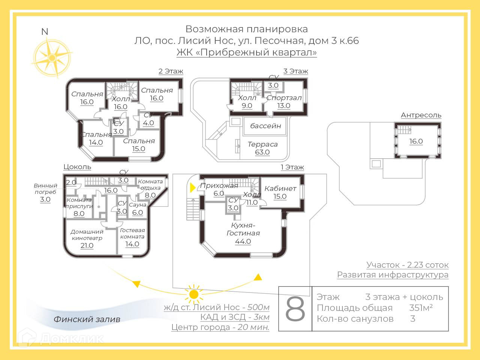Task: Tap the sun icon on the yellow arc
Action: click(x=194, y=294)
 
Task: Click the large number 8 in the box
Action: click(x=295, y=309)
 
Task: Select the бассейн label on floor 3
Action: click(x=265, y=126)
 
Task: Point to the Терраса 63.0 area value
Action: click(x=262, y=152)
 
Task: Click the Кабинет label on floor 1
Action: click(x=280, y=188)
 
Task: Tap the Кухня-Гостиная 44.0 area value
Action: click(x=243, y=241)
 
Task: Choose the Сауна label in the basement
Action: click(x=138, y=205)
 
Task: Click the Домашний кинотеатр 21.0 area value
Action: click(x=87, y=246)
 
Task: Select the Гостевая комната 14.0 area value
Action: click(x=132, y=244)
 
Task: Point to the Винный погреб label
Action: click(x=45, y=189)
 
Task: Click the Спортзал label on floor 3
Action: click(x=284, y=98)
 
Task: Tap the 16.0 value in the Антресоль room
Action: click(x=416, y=141)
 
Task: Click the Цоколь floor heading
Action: click(x=77, y=167)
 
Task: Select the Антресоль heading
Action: click(x=421, y=115)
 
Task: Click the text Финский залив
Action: click(x=87, y=319)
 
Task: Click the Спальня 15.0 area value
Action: click(x=138, y=149)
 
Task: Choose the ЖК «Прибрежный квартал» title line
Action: click(x=246, y=52)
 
